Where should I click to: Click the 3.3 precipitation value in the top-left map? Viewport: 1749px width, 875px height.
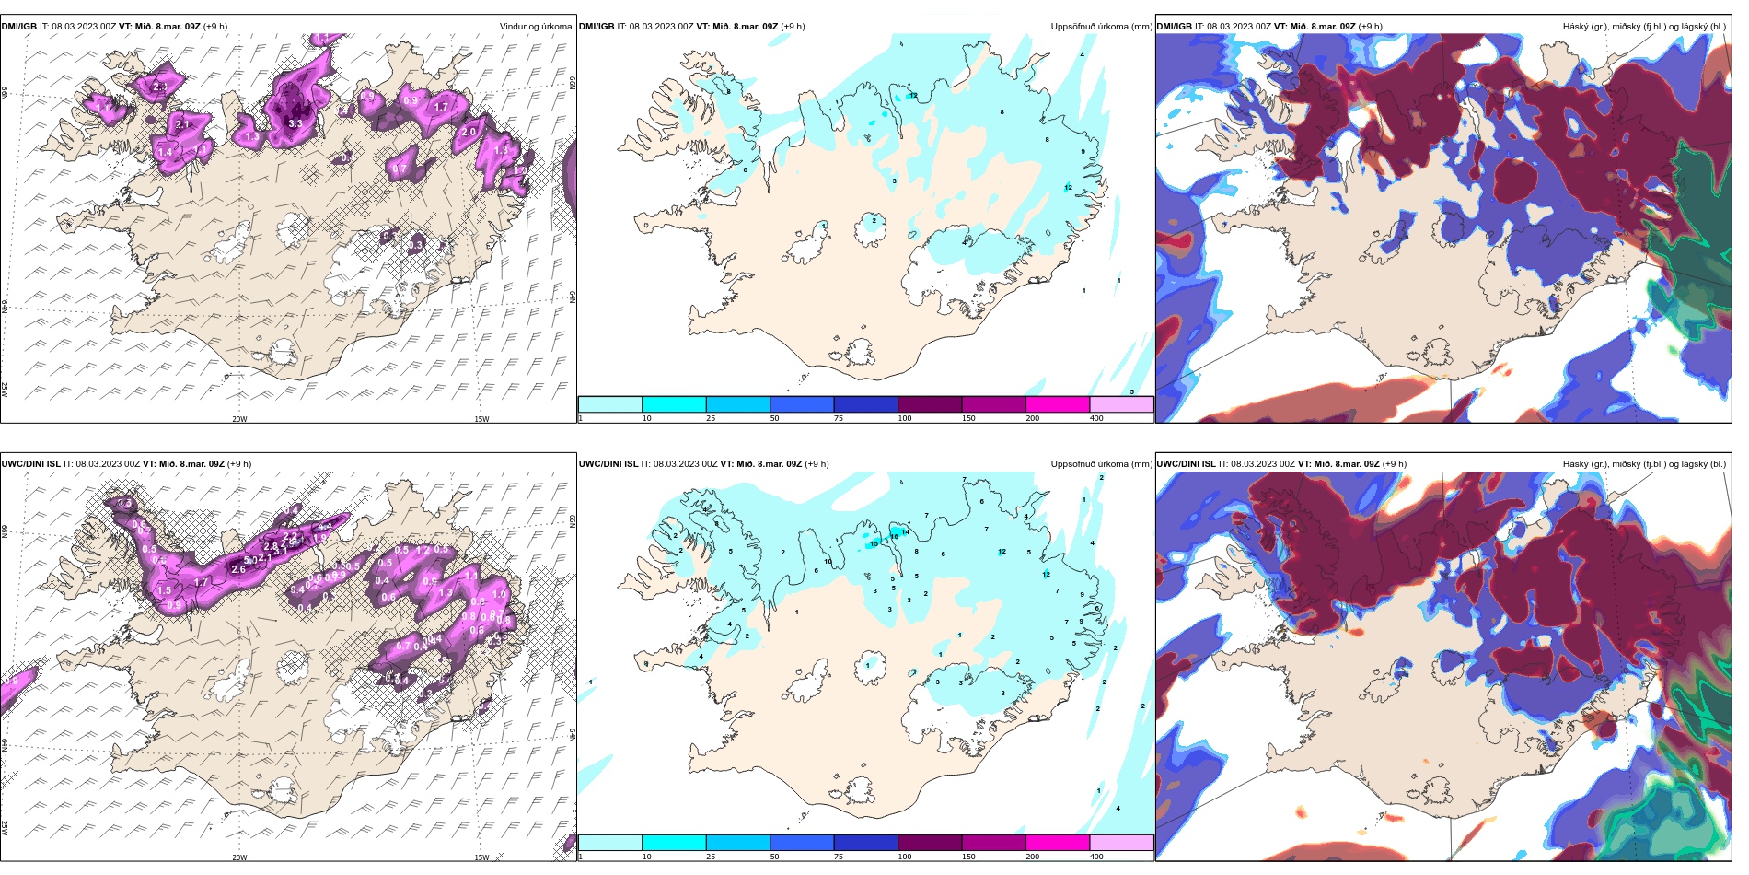point(295,123)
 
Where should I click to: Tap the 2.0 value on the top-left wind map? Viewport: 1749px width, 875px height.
point(469,132)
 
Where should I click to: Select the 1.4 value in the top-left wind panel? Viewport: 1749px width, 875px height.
point(165,152)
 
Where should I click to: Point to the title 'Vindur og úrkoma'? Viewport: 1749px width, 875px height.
point(536,27)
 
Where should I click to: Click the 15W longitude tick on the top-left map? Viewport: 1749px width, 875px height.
point(481,419)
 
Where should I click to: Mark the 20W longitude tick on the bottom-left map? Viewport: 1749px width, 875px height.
point(239,857)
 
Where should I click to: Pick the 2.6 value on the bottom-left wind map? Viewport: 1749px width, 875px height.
point(238,569)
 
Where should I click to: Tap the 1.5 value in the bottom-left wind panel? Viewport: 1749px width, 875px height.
point(165,590)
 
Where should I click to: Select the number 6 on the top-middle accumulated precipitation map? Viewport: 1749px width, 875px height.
point(745,169)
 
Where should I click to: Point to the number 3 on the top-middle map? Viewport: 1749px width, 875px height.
point(894,181)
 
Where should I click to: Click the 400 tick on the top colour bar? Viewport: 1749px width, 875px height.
point(1096,418)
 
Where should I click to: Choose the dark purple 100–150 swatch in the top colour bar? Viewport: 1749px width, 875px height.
point(930,404)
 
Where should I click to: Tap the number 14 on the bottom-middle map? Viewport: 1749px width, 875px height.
point(906,532)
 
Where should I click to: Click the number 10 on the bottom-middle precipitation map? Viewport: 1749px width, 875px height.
point(828,562)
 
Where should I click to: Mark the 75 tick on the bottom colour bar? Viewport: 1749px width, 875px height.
point(839,857)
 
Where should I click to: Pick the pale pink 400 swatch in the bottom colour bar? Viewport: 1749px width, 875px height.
point(1121,843)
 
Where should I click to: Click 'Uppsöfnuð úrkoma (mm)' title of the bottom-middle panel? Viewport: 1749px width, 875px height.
point(1101,464)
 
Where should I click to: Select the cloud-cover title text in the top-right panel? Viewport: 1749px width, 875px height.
point(1644,27)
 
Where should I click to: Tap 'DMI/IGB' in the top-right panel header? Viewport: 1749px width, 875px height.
point(1174,27)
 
